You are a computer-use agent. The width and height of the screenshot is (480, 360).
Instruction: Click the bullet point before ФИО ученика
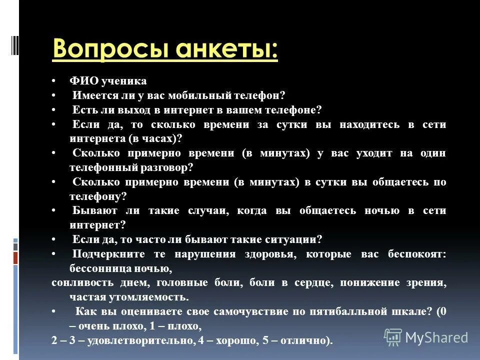[54, 81]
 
